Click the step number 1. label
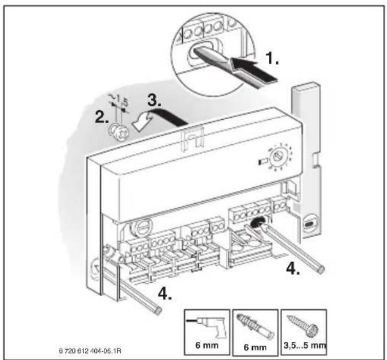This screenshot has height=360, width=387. point(272,58)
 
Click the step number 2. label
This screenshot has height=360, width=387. point(102,117)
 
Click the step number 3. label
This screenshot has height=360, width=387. point(154,100)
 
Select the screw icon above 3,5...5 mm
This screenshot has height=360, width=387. point(303,325)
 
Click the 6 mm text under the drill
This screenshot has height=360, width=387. point(207,345)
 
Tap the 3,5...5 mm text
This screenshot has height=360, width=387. point(305,345)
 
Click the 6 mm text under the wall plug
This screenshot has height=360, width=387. point(255,348)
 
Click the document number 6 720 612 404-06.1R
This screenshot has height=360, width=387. point(90,350)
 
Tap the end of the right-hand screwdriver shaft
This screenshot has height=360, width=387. point(321,270)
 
